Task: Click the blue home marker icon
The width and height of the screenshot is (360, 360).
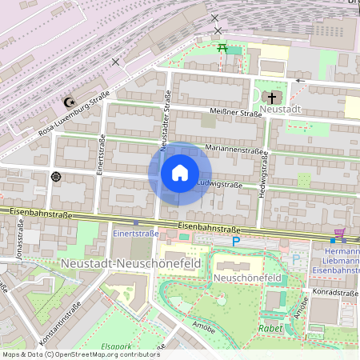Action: pyautogui.click(x=180, y=173)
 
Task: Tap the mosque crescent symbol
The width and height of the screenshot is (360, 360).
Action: pyautogui.click(x=68, y=102)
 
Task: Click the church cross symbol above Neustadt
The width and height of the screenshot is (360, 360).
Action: pyautogui.click(x=272, y=96)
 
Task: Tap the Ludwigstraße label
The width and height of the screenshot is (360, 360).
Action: pyautogui.click(x=219, y=184)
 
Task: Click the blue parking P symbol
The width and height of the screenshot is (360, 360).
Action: pyautogui.click(x=235, y=241)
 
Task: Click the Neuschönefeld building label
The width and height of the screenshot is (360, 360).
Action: pyautogui.click(x=246, y=278)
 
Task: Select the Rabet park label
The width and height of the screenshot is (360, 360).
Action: pyautogui.click(x=270, y=329)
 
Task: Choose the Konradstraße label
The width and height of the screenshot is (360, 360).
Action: pyautogui.click(x=336, y=293)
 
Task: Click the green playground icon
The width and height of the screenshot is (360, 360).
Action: pyautogui.click(x=223, y=49)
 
